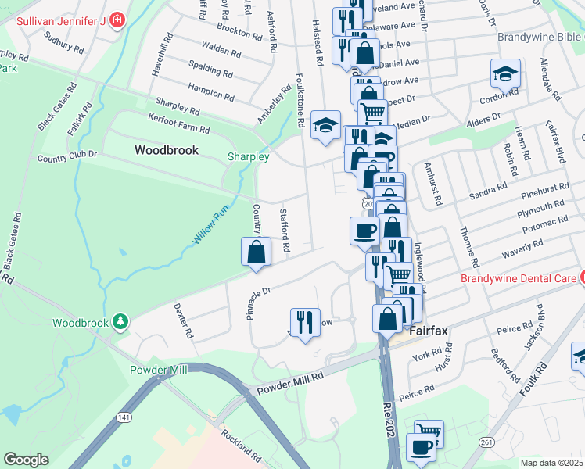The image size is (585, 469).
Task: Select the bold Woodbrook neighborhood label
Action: click(x=166, y=149)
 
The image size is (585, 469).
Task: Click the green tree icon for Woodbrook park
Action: click(x=119, y=321)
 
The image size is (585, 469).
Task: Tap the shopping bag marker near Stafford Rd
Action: click(x=256, y=252)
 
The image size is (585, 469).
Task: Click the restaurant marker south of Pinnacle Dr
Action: click(x=303, y=322)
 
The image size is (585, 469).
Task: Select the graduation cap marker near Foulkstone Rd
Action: click(x=325, y=124)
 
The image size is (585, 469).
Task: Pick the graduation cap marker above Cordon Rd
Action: click(x=505, y=73)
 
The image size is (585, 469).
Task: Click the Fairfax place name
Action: click(x=427, y=331)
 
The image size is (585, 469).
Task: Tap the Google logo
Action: click(x=25, y=460)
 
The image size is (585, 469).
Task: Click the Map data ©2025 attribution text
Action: click(x=552, y=463)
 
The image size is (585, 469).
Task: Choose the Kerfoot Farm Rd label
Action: click(x=180, y=123)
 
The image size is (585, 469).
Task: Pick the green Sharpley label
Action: click(x=248, y=156)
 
